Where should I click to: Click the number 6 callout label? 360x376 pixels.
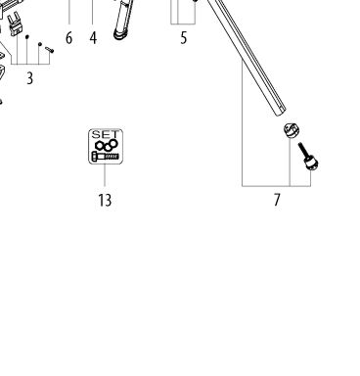click(68, 38)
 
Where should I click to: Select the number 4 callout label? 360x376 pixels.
click(93, 38)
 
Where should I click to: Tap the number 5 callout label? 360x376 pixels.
click(184, 38)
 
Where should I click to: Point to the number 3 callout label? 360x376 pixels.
click(29, 78)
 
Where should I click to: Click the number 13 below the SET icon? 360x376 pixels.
click(105, 200)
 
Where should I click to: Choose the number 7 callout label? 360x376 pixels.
click(277, 200)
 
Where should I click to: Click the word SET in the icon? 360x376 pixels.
click(106, 134)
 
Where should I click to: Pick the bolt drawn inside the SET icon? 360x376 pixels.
click(105, 157)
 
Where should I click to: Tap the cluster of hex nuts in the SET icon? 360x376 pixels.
click(107, 145)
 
